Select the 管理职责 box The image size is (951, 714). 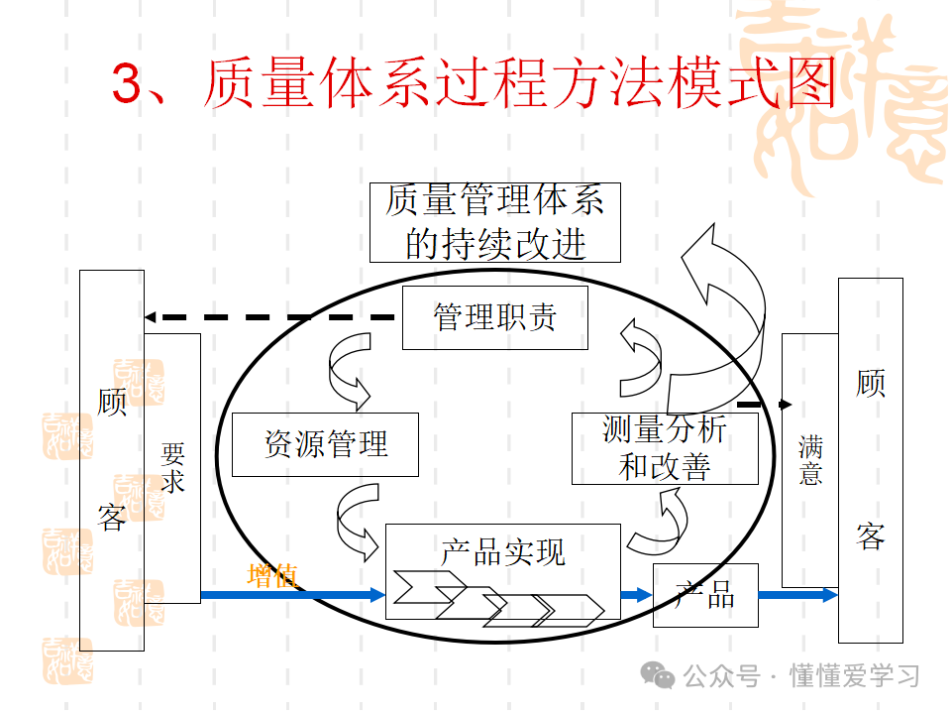[x=494, y=317]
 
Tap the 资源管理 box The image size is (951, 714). [x=325, y=444]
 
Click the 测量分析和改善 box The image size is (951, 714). [x=665, y=448]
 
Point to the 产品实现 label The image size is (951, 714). [x=503, y=551]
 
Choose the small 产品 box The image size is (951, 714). [x=705, y=595]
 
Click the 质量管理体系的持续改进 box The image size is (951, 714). [x=494, y=222]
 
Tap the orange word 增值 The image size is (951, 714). [x=270, y=576]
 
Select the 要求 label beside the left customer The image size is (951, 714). [x=172, y=468]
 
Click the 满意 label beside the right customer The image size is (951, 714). [x=810, y=462]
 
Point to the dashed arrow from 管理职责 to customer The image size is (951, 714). [x=267, y=317]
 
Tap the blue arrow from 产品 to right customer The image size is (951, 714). [x=798, y=595]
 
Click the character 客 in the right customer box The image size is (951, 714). [x=870, y=536]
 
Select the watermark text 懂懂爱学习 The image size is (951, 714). [x=854, y=676]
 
